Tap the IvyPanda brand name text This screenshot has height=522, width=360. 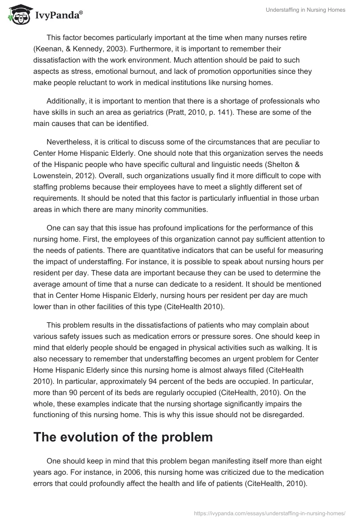pos(58,15)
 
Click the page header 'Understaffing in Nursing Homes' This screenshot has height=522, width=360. pos(304,10)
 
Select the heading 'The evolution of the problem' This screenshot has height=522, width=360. pos(123,437)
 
